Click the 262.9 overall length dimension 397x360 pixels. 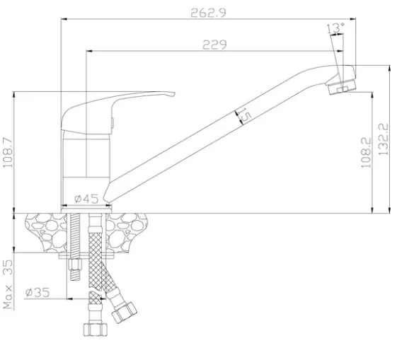coord(208,13)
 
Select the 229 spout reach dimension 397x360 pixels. coord(214,45)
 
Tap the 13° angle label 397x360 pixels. coord(335,28)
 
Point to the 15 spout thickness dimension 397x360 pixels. coord(245,115)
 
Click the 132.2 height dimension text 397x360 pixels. coord(383,139)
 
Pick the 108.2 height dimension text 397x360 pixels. coord(366,153)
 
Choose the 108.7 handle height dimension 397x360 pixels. coord(8,153)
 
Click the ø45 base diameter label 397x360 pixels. coord(86,199)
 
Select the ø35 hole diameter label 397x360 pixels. coord(38,292)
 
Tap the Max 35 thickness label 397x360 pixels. coord(8,284)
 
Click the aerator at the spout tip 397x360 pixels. coord(341,86)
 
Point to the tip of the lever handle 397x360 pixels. coord(174,94)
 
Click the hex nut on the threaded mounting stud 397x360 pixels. coord(75,265)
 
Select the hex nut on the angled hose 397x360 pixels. coord(124,313)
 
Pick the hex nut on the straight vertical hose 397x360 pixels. coord(96,329)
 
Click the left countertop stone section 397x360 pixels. coord(46,233)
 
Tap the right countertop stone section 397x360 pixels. coord(127,233)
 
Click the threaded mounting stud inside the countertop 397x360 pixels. coord(75,236)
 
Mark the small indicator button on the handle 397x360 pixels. coord(113,123)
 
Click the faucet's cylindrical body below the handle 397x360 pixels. coord(86,172)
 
